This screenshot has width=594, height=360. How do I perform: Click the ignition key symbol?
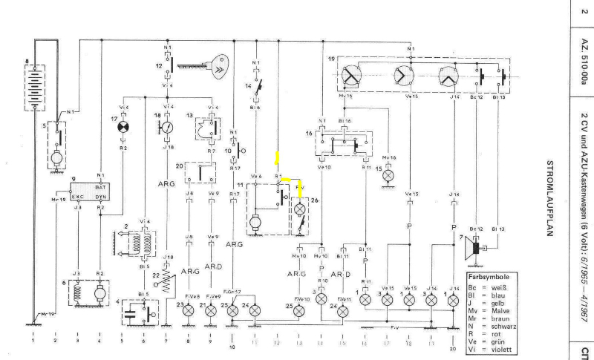(x=218, y=68)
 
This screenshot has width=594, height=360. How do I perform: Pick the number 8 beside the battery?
(x=27, y=61)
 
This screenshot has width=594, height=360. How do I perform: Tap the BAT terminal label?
(x=99, y=187)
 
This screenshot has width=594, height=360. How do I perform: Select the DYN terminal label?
(x=99, y=197)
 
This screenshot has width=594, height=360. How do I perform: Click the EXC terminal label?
(x=77, y=197)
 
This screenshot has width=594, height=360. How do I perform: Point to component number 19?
(x=331, y=59)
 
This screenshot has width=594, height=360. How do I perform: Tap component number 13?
(x=189, y=116)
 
